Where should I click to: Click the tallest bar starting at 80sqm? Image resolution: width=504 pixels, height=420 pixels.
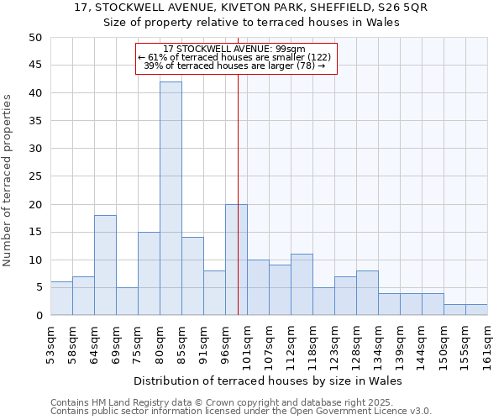(171, 198)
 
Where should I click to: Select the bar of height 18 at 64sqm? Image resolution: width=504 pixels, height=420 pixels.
(105, 265)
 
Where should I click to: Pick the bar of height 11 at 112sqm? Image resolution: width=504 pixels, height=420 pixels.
(302, 285)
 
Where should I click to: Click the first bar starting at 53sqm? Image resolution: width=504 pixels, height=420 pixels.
(61, 298)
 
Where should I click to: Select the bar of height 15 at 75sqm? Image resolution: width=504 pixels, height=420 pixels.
(149, 274)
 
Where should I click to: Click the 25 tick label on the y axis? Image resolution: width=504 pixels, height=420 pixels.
(34, 176)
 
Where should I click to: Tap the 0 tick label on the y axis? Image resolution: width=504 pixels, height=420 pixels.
(38, 316)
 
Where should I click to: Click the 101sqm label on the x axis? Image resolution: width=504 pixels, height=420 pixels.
(247, 343)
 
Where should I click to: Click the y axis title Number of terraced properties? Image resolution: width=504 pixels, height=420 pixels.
(8, 181)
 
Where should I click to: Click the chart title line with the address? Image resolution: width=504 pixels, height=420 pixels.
(251, 8)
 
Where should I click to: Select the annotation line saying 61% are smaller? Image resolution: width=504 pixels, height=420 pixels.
(235, 57)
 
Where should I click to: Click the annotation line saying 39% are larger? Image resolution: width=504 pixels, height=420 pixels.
(235, 66)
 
